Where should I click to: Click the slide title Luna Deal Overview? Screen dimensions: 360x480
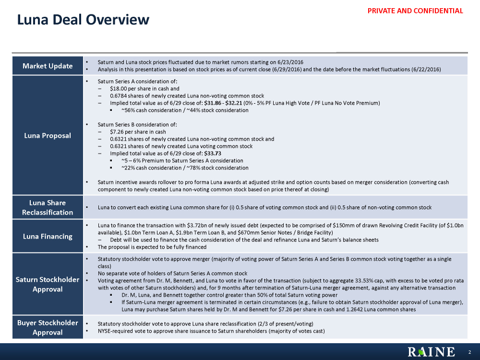point(83,20)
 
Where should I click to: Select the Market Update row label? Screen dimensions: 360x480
point(48,66)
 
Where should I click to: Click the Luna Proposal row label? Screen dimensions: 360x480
point(48,135)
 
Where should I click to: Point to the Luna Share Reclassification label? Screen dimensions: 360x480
point(48,207)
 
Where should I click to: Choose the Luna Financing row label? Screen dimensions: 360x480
point(48,236)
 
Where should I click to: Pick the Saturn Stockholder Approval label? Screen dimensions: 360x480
point(48,284)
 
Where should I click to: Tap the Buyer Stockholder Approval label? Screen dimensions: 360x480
point(48,327)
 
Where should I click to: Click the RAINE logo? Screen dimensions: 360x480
point(431,352)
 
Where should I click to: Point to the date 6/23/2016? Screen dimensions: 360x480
point(290,62)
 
